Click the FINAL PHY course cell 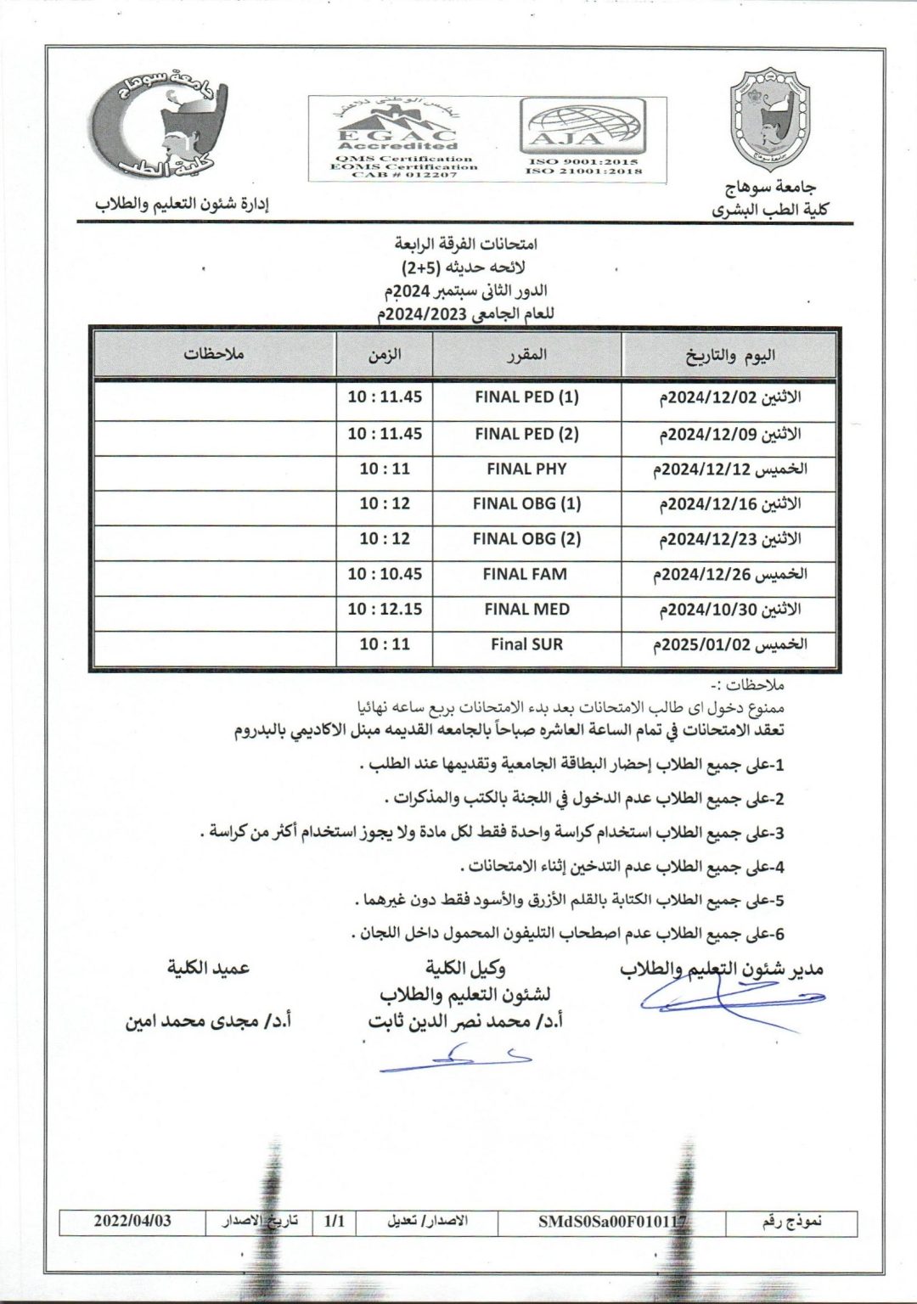point(526,469)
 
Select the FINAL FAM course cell point(525,574)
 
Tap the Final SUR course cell point(526,644)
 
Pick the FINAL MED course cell point(526,610)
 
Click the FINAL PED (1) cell point(526,397)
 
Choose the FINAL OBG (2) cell point(526,539)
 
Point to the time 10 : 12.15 point(385,610)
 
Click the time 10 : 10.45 point(385,574)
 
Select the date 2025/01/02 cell point(730,644)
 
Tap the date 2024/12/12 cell point(730,469)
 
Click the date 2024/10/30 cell point(730,610)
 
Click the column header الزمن point(385,355)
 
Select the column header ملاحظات point(214,354)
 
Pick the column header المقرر point(526,355)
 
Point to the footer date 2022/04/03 point(132,1221)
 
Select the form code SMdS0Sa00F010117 point(611,1222)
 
